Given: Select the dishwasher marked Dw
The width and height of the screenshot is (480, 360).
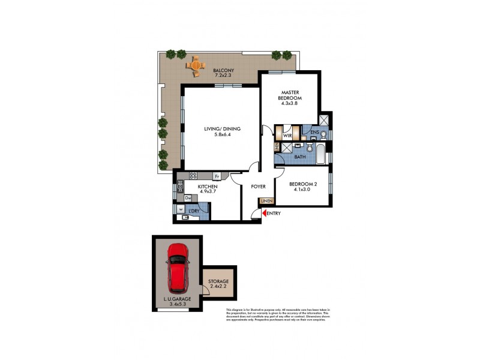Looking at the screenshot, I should tap(188, 197).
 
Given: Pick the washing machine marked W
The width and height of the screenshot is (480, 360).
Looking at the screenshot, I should tap(181, 209).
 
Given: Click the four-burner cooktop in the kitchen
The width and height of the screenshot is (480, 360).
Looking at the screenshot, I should tap(193, 176).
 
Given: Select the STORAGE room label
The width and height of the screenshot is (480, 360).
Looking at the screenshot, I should tap(219, 281).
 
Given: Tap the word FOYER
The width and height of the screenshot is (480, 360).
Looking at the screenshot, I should tap(258, 187).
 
